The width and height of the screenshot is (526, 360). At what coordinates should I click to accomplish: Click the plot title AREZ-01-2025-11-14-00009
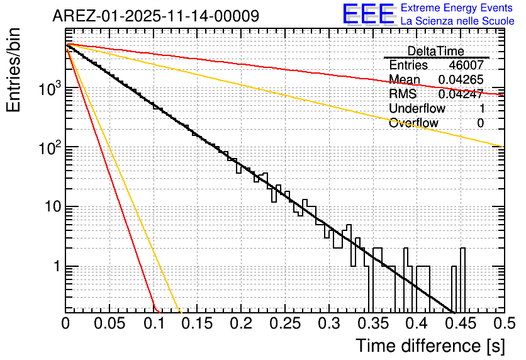[155, 16]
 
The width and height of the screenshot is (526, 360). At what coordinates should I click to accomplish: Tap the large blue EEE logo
[368, 14]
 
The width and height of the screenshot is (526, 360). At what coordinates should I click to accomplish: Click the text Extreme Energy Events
[457, 8]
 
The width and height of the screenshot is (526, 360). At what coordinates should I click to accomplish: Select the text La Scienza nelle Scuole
[457, 21]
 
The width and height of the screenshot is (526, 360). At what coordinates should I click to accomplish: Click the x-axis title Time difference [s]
[430, 345]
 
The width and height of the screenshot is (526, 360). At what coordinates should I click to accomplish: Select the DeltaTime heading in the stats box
[436, 51]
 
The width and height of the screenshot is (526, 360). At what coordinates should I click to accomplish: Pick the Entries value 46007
[466, 65]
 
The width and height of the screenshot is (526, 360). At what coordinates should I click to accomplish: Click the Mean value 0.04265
[461, 80]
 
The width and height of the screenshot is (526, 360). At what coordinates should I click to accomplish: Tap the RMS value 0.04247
[461, 94]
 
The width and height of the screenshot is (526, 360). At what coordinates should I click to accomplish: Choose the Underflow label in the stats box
[417, 109]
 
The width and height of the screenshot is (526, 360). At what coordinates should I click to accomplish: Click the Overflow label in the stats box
[413, 123]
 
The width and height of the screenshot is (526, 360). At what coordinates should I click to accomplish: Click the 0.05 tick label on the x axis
[110, 323]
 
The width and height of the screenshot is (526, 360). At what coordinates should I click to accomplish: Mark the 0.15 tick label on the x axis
[198, 323]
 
